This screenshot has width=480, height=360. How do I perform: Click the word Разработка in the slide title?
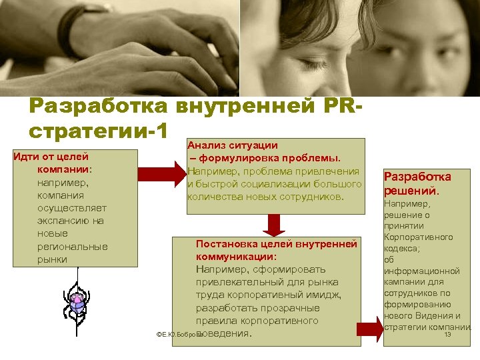(98, 107)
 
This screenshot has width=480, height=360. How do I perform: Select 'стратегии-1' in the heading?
(98, 130)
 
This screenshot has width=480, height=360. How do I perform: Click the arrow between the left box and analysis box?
(162, 174)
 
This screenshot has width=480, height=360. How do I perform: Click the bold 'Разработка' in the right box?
(418, 177)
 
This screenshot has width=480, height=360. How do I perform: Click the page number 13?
(447, 335)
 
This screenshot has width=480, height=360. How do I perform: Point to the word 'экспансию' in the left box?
(71, 221)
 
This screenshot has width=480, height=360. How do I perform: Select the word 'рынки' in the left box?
(52, 259)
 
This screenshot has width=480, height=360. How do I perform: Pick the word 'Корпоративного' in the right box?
(418, 237)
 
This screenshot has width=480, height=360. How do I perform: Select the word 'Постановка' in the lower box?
(223, 244)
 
